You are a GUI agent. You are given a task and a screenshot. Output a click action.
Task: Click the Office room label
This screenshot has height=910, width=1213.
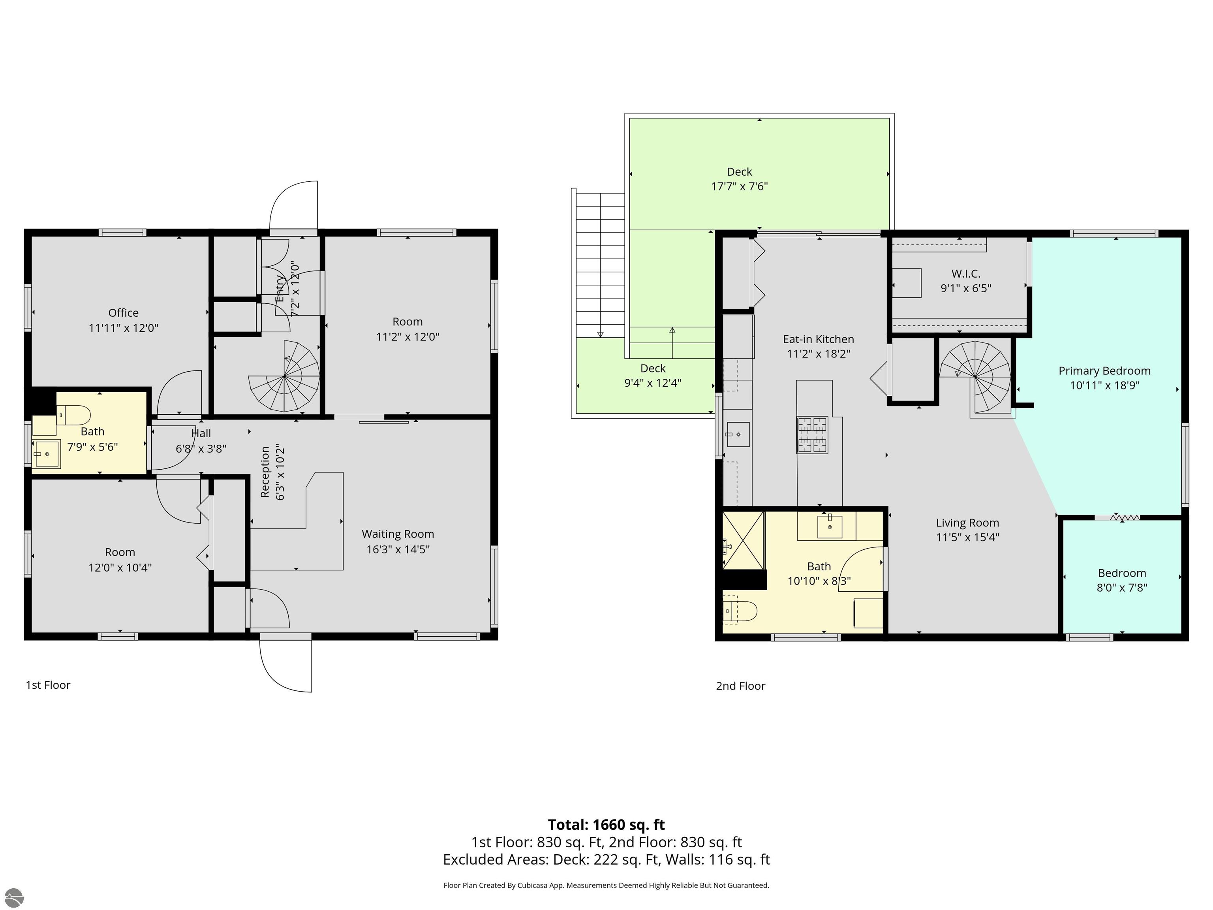click(123, 313)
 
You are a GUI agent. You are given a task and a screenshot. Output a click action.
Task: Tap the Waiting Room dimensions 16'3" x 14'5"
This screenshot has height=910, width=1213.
click(398, 549)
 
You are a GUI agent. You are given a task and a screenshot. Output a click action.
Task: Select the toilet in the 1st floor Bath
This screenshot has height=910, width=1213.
click(73, 415)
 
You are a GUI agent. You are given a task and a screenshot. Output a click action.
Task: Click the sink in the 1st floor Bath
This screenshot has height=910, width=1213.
click(47, 454)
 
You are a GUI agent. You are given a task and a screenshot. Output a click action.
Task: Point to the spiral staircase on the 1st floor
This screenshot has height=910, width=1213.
click(284, 376)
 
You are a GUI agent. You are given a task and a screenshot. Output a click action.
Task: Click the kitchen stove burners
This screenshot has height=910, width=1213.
click(812, 435)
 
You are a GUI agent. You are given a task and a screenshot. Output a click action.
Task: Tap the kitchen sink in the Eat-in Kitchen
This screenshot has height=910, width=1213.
click(738, 434)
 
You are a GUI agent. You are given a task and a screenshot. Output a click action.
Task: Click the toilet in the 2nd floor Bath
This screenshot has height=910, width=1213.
click(740, 611)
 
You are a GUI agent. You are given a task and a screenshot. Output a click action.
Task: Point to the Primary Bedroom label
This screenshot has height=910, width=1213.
click(1104, 371)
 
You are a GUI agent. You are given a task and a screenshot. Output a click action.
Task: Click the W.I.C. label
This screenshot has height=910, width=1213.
click(966, 273)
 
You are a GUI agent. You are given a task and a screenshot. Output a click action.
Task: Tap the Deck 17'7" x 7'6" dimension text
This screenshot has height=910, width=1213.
click(739, 186)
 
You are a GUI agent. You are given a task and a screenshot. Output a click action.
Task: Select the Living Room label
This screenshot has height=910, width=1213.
click(967, 523)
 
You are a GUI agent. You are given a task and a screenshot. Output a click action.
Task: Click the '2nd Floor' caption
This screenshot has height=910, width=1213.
click(740, 686)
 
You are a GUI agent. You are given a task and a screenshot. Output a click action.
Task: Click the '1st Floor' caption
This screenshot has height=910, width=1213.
click(48, 684)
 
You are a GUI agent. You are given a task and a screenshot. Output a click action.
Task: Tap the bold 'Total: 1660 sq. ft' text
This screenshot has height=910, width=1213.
click(606, 824)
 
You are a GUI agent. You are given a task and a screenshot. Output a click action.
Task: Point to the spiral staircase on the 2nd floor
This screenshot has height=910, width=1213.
click(976, 377)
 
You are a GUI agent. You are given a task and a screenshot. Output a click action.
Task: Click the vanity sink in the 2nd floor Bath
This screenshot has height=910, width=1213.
click(830, 526)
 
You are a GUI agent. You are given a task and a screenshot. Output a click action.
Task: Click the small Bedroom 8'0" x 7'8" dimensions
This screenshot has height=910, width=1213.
click(1122, 587)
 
